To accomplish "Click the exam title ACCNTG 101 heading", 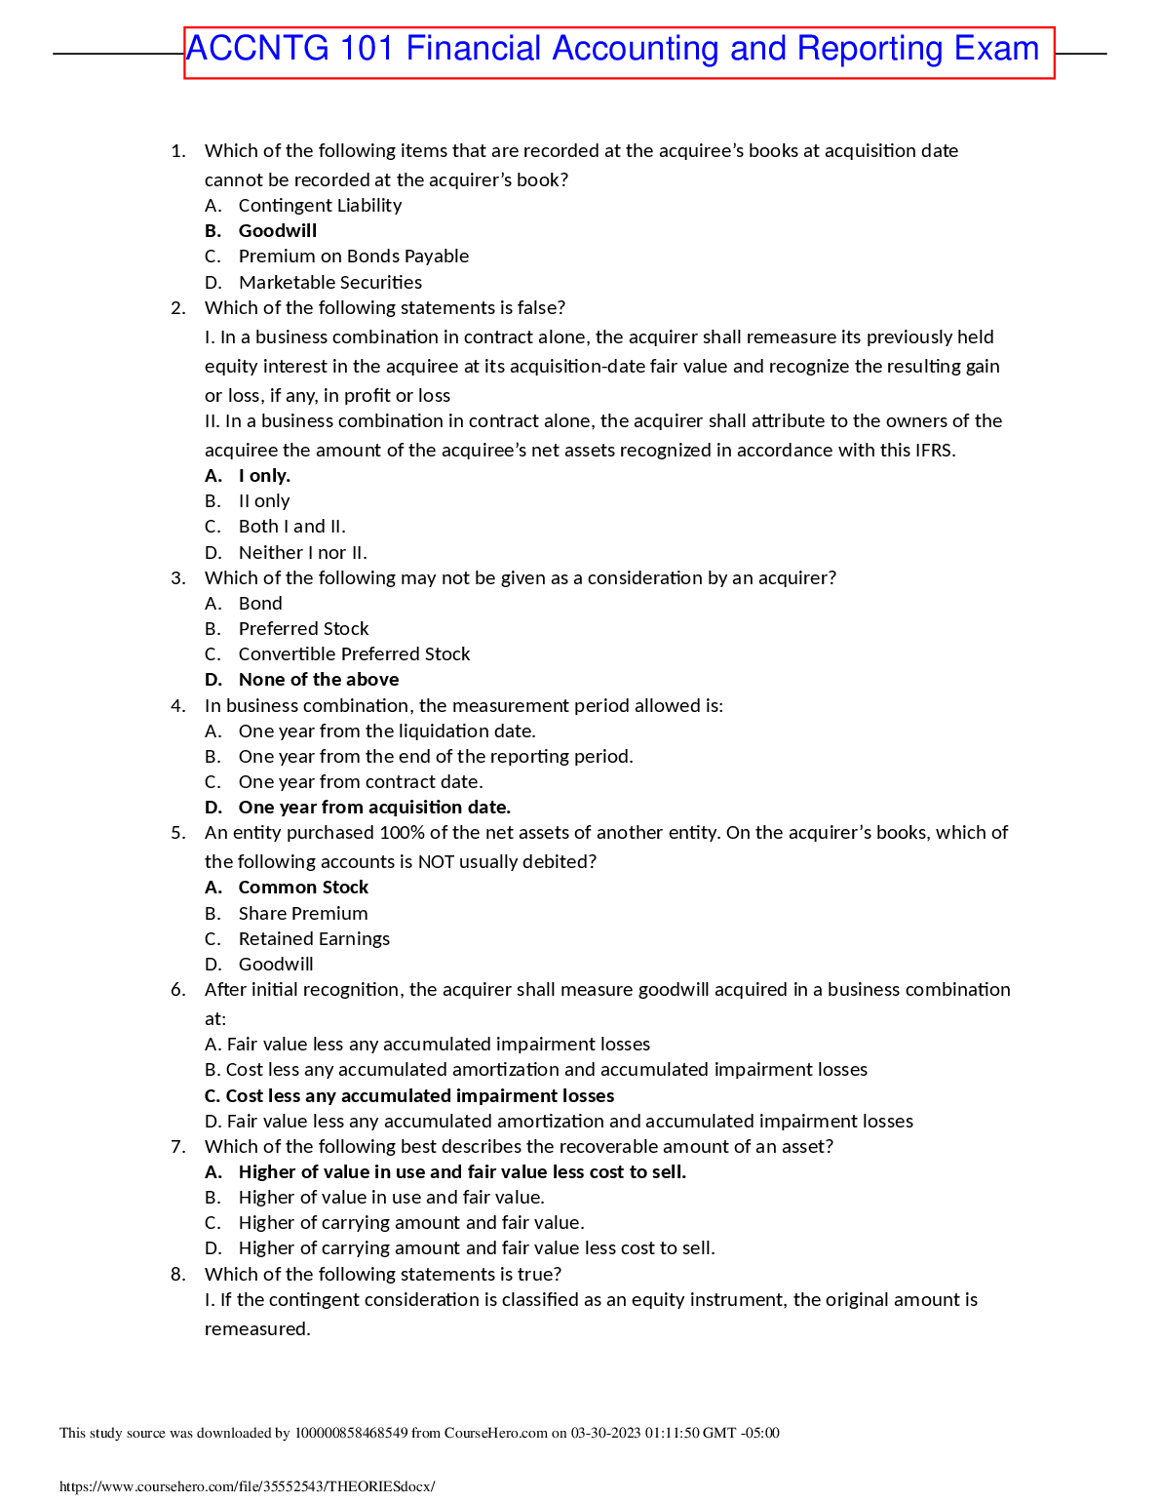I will coord(612,50).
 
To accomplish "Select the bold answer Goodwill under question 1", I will coord(277,231).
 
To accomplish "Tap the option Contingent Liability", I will coord(320,206).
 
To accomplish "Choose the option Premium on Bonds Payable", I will coord(353,257).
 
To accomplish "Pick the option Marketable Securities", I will coord(329,283).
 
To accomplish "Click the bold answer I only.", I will coord(264,476).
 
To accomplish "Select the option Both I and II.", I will coord(291,527).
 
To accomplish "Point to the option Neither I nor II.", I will coord(302,553).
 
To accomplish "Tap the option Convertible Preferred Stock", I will coord(354,654).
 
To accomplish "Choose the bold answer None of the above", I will coord(318,680).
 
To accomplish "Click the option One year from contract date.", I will coord(361,782).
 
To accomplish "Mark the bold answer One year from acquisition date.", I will coord(374,808).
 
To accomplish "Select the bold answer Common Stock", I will coord(303,888).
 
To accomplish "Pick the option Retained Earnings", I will coord(314,939).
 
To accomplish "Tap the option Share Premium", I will coord(303,914).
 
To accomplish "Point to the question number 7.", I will coord(177,1147).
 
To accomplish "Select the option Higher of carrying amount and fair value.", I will coord(410,1223).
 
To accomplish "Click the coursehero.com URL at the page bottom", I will coord(247,1486).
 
